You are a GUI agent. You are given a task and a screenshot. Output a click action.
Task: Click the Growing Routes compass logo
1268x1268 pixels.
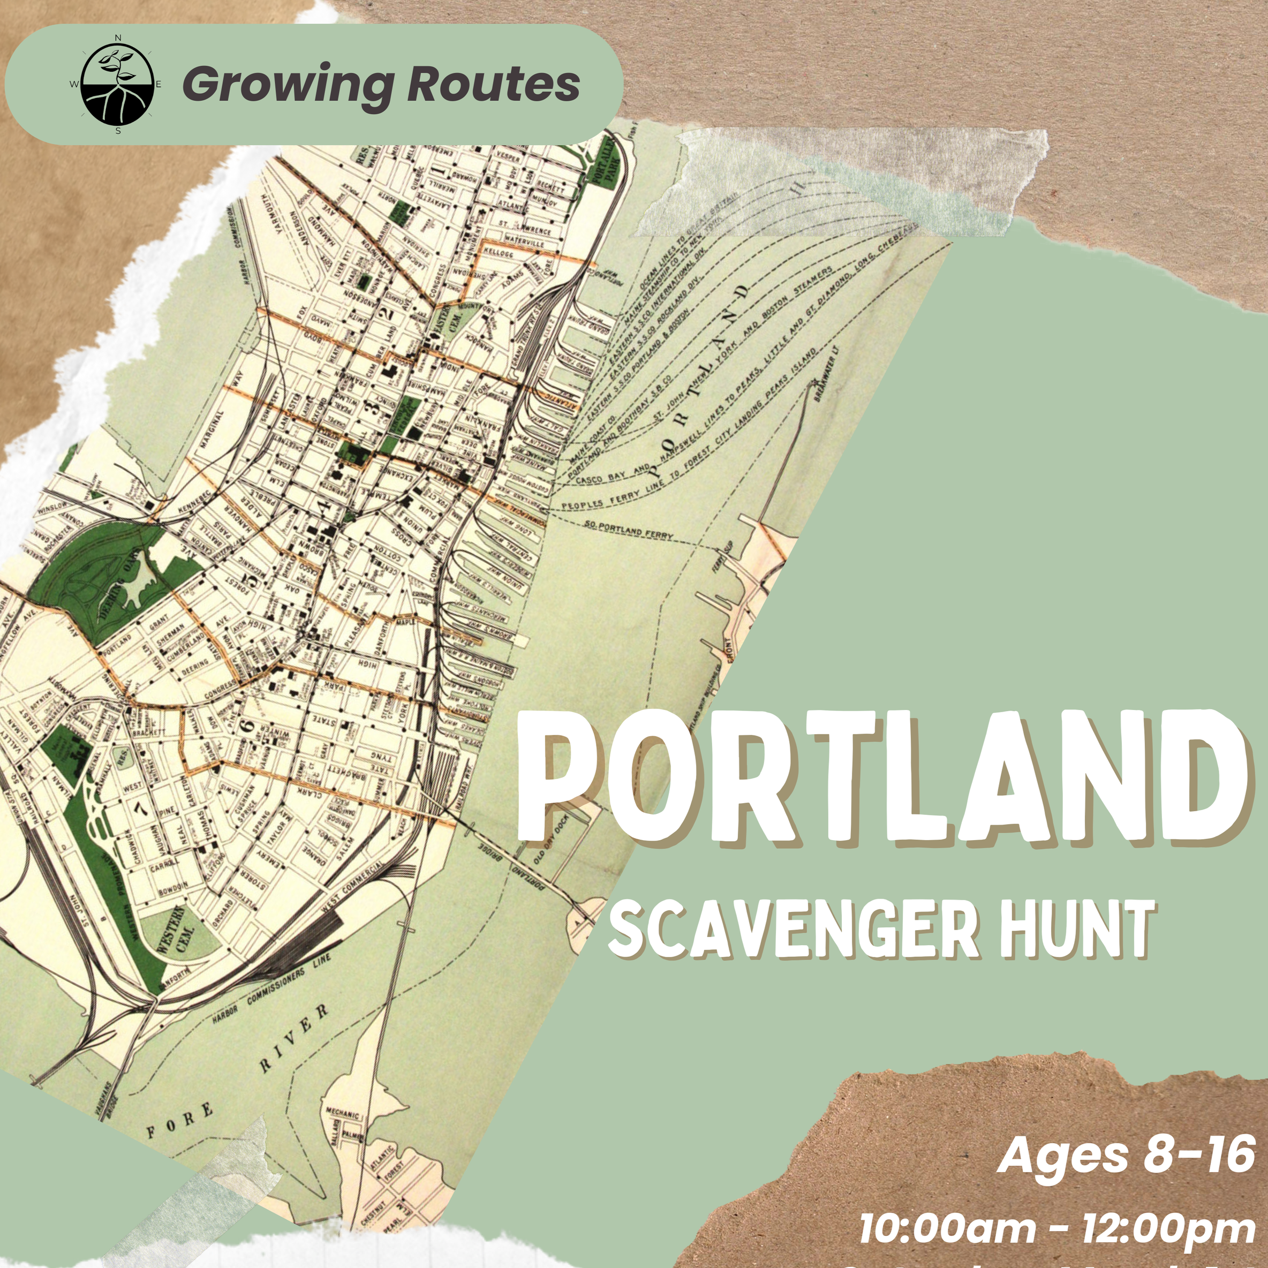coord(117,85)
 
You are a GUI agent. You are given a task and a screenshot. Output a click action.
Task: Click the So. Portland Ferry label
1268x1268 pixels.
coord(628,530)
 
